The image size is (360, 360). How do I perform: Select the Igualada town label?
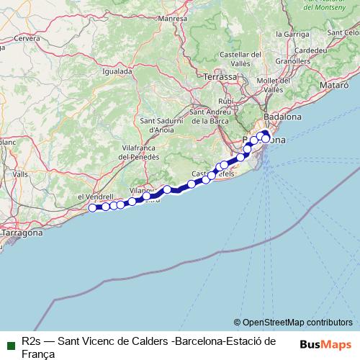coord(117,71)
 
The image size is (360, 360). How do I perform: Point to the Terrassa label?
coord(220,76)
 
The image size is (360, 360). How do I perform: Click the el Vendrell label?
coord(91,196)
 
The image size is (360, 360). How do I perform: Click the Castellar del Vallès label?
coord(239,59)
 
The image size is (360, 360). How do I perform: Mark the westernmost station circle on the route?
coord(92,208)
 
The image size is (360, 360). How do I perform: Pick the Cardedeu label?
coord(310,50)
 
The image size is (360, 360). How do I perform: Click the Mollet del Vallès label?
coord(269,84)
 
